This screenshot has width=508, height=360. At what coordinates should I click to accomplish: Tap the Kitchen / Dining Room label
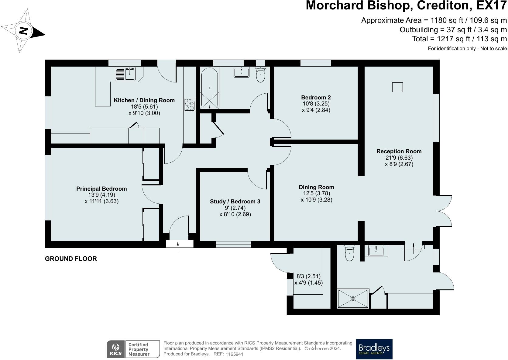tap(144, 100)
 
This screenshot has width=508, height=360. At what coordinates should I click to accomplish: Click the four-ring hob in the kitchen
tap(190, 105)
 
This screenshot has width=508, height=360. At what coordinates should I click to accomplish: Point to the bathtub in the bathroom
tap(210, 88)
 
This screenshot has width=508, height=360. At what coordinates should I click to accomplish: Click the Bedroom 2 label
tap(316, 98)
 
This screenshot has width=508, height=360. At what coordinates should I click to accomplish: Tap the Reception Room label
tap(399, 151)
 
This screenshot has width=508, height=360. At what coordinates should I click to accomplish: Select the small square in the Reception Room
tap(397, 87)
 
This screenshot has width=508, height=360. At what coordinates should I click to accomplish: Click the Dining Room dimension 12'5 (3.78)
tap(317, 193)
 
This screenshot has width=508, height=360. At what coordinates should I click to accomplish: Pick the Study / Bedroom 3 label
tap(235, 202)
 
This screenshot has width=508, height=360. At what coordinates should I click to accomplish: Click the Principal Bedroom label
tap(101, 189)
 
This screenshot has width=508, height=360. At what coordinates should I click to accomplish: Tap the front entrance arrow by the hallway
tap(178, 246)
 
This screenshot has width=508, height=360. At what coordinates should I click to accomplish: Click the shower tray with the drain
tap(353, 299)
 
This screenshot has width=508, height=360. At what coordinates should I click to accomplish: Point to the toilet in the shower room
tap(349, 253)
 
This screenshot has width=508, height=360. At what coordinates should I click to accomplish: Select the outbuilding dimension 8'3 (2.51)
tap(308, 276)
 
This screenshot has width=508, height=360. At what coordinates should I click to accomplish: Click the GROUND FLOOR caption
tap(71, 259)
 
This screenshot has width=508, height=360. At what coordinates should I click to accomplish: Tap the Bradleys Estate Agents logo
tap(374, 349)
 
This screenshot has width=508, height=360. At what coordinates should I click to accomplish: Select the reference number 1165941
tap(234, 354)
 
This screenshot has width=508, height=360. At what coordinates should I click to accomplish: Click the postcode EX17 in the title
tap(491, 5)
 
